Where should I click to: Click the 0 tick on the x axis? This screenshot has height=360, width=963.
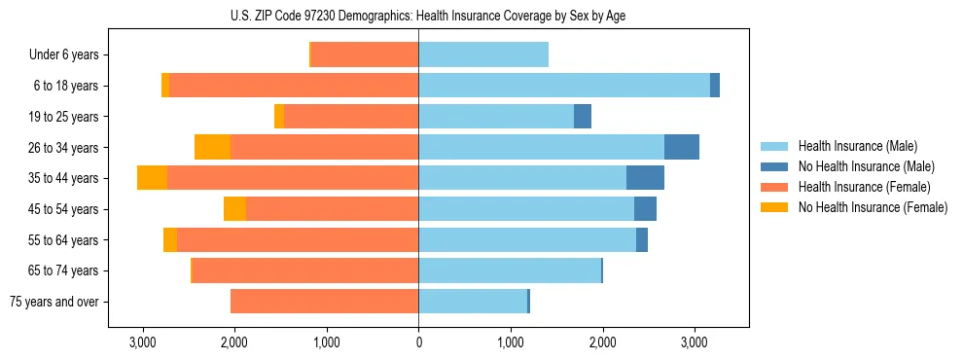pyautogui.click(x=418, y=342)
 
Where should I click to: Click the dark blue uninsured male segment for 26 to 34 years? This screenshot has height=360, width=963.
pyautogui.click(x=681, y=147)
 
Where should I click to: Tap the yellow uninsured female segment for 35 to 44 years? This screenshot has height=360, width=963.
pyautogui.click(x=152, y=178)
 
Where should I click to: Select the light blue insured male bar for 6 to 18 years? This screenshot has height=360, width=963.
pyautogui.click(x=564, y=86)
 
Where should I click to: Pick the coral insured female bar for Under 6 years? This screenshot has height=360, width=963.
pyautogui.click(x=365, y=54)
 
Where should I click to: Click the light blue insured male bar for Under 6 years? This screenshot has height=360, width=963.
pyautogui.click(x=483, y=54)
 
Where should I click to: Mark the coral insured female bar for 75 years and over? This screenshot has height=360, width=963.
pyautogui.click(x=325, y=302)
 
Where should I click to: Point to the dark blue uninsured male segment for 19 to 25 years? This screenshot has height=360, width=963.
pyautogui.click(x=582, y=117)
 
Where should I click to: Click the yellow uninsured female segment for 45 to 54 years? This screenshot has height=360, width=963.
pyautogui.click(x=234, y=209)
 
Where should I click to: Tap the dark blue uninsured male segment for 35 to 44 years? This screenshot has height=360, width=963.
pyautogui.click(x=645, y=178)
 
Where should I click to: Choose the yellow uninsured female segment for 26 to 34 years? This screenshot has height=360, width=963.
pyautogui.click(x=212, y=147)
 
